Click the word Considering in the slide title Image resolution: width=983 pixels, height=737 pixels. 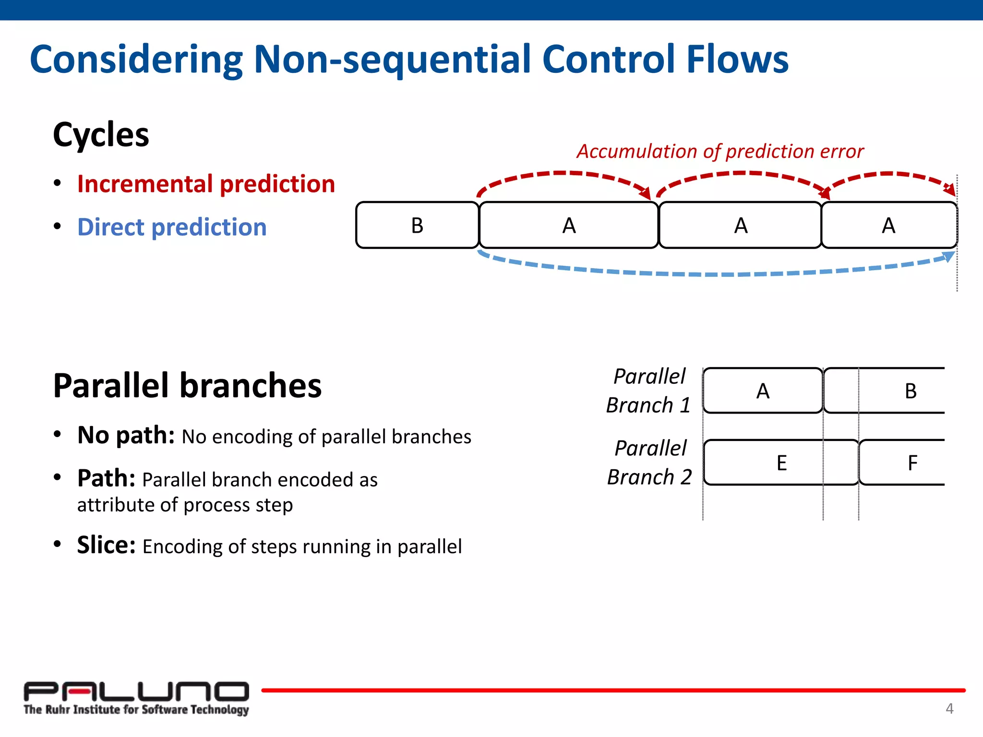pos(137,60)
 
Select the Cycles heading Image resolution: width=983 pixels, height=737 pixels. pos(101,135)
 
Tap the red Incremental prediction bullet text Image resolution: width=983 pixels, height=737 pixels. pos(206,184)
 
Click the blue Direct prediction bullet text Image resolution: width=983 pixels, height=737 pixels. pos(172,227)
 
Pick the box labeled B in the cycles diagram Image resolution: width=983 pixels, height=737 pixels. pos(417,225)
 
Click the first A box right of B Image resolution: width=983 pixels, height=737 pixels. pos(569,225)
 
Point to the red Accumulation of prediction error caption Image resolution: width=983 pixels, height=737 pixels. pos(720,151)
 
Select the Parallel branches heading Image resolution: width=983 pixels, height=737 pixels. pos(187,386)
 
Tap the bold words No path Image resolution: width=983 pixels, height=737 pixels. pos(126,435)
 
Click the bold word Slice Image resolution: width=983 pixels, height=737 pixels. pos(106,545)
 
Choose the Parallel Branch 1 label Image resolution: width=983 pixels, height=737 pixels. pos(648,391)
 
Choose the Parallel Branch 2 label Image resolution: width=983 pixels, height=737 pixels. pos(649,463)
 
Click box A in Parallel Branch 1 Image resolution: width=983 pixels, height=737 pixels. pos(763,391)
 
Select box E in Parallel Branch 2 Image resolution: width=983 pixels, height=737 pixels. pos(781,463)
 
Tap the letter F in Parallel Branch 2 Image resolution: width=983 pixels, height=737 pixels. pos(912,463)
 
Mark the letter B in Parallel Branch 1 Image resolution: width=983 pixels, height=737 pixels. pos(911,391)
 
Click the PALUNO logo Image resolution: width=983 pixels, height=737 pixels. pos(136,698)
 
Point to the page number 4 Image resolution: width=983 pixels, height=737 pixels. pos(949,709)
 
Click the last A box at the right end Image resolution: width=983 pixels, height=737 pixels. pos(888,225)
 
